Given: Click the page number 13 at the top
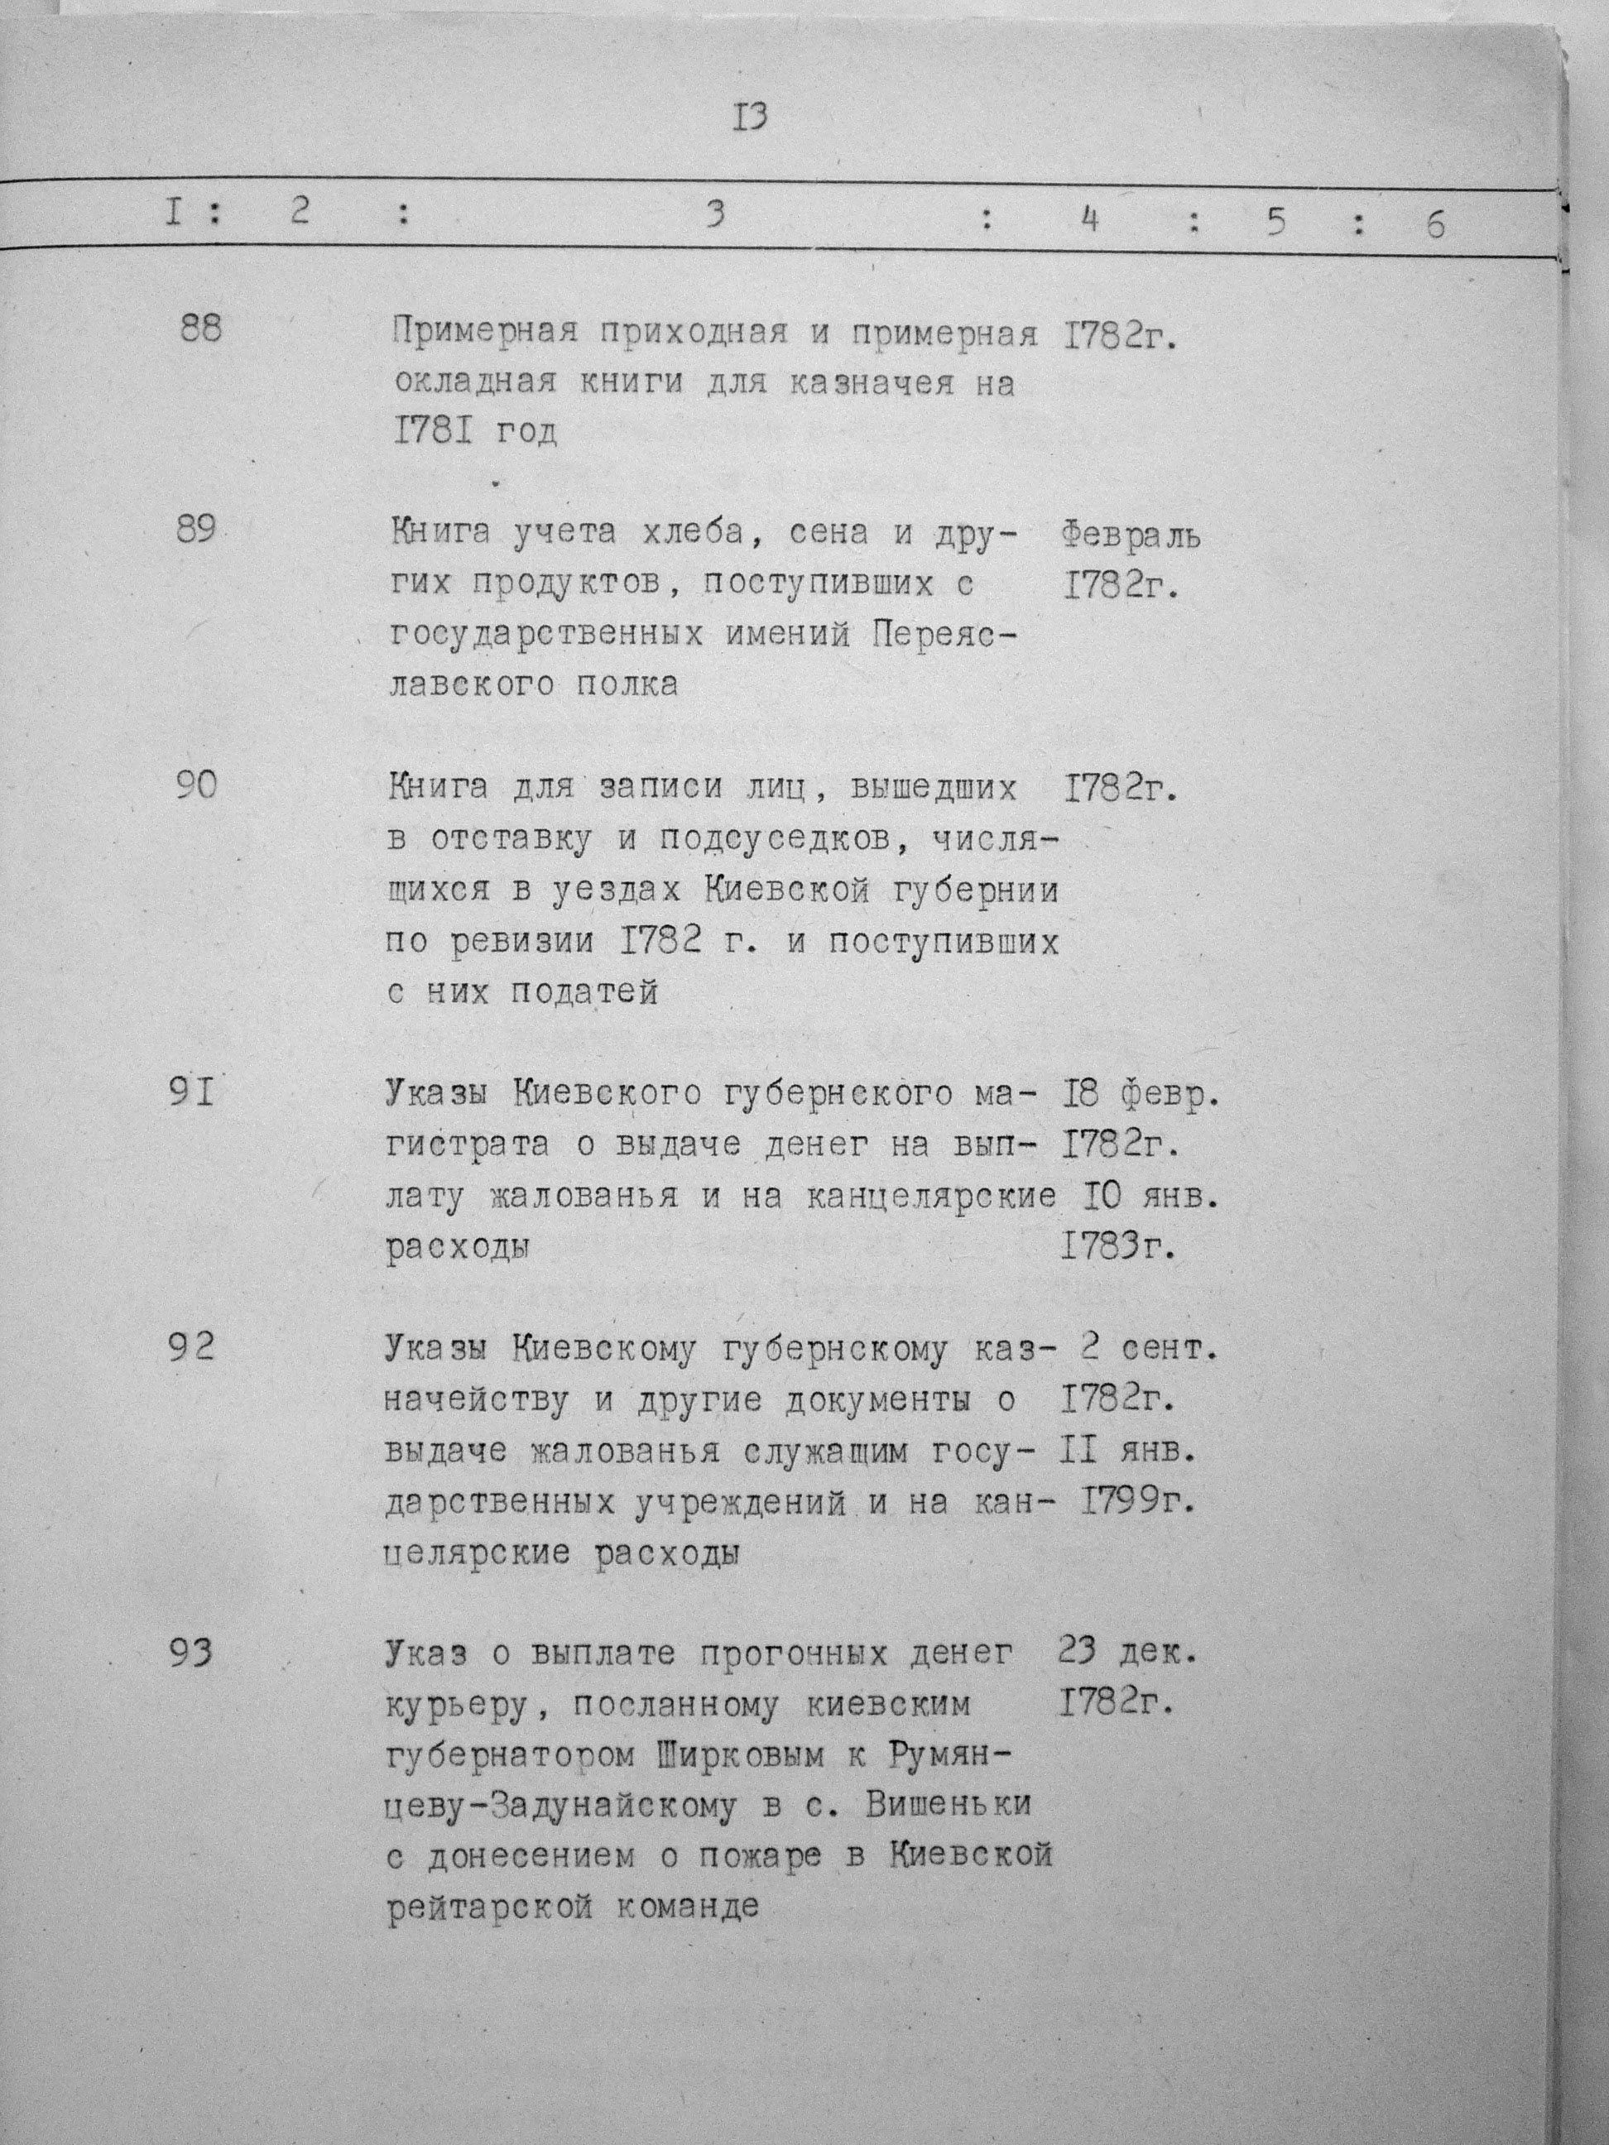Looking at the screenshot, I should tap(752, 118).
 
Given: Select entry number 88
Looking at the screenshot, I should tap(201, 328).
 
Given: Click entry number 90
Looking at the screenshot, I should tap(197, 785).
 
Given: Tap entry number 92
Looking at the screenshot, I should tap(190, 1347).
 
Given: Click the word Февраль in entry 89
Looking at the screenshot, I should tap(1131, 536).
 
